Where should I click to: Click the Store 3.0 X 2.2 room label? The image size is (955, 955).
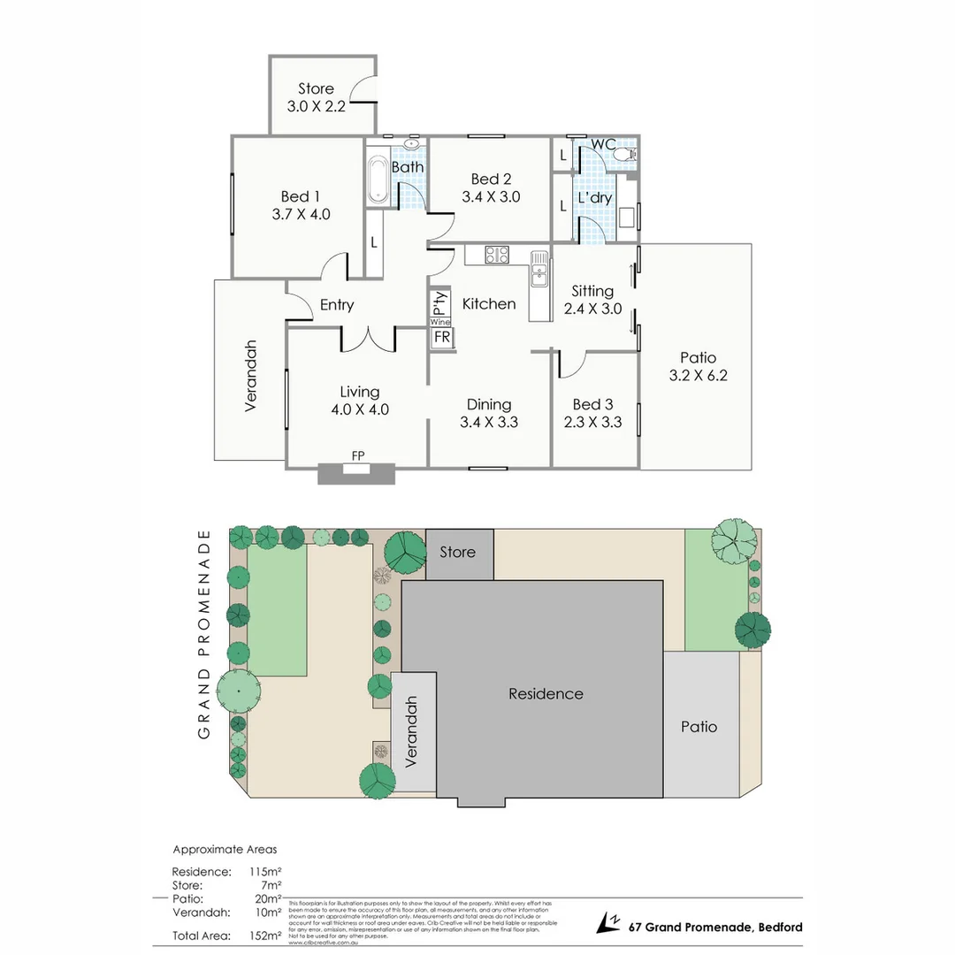coord(316,96)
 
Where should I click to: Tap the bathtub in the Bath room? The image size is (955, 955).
coord(378,180)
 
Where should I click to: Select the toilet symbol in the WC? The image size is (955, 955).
coord(625,155)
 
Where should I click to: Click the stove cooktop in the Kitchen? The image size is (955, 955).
coord(496,256)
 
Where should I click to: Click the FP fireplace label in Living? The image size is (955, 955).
coord(358,455)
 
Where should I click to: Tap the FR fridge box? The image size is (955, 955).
coord(441,338)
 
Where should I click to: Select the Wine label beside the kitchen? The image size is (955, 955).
coord(440,323)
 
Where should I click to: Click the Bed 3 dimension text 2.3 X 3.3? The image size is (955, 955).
coord(592,423)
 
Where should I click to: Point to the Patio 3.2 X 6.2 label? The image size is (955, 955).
coord(698,366)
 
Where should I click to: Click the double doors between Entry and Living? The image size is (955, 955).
coord(368,337)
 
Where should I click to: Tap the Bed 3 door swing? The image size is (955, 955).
coord(571,363)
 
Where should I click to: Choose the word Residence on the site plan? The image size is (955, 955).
coord(546,694)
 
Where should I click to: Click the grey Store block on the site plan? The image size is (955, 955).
coord(459,554)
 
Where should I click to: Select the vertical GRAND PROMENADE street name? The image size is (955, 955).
coord(204,634)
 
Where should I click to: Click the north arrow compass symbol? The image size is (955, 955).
coord(608,923)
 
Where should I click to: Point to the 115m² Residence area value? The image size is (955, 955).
coord(265,872)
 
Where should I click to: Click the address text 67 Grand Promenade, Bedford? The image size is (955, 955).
coord(715,928)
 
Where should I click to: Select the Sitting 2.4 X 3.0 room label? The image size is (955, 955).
coord(592,300)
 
